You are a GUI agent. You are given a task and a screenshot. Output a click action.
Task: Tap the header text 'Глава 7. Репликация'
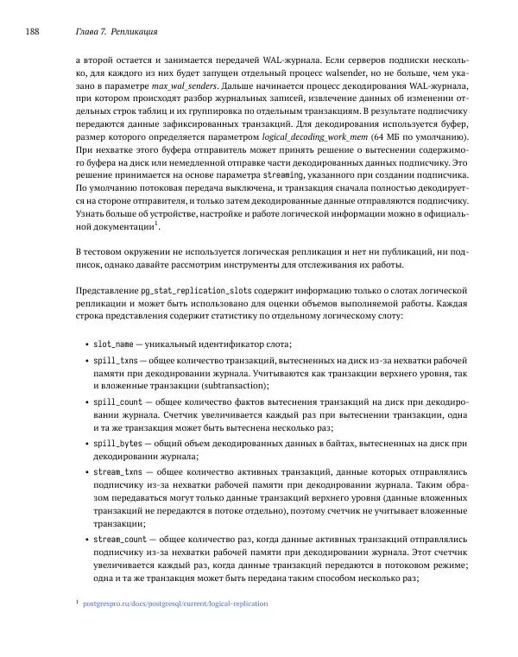(x=111, y=32)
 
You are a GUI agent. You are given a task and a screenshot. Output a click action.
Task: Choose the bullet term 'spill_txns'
(x=116, y=361)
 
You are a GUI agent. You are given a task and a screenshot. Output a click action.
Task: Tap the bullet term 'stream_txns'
(x=118, y=473)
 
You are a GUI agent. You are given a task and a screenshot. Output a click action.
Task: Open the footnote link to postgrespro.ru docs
(x=174, y=603)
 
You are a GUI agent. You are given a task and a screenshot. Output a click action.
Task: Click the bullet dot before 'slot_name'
(x=86, y=344)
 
